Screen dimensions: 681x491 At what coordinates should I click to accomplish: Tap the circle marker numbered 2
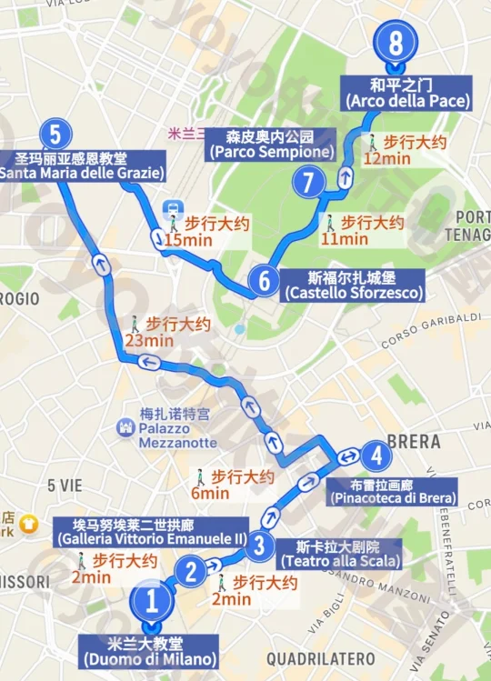point(191,572)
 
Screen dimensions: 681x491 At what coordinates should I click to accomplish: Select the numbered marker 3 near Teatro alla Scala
point(260,546)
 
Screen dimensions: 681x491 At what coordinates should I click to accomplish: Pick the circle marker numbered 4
point(374,456)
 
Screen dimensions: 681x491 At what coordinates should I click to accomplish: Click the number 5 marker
point(55,135)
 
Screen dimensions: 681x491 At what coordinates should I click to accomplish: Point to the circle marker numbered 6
point(264,280)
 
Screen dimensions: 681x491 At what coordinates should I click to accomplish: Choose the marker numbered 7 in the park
point(309,183)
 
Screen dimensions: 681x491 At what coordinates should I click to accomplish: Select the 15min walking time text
point(185,240)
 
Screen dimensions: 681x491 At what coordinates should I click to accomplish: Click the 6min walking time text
point(210,493)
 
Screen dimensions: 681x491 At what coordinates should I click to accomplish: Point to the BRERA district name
point(414,442)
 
